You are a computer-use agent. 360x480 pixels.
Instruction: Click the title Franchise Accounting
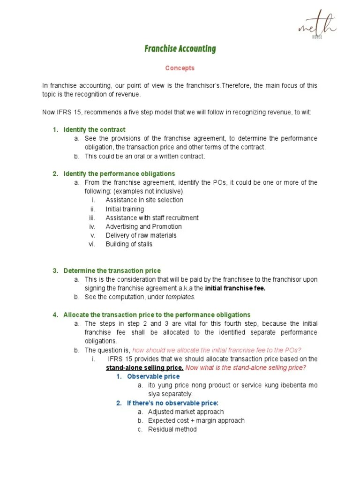click(180, 49)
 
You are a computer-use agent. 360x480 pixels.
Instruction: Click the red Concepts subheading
click(180, 68)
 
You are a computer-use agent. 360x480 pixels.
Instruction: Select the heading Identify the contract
click(94, 129)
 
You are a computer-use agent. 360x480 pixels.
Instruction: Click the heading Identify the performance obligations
click(119, 173)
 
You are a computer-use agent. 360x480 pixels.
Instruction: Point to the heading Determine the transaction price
click(112, 270)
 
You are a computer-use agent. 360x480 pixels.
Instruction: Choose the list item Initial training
click(125, 209)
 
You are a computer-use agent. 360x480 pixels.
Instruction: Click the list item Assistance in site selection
click(144, 200)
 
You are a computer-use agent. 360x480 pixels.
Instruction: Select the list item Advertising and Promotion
click(143, 226)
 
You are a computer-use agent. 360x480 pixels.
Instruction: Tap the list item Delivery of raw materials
click(141, 235)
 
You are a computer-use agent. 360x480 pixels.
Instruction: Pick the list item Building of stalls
click(129, 244)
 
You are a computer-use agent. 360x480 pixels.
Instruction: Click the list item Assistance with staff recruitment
click(152, 218)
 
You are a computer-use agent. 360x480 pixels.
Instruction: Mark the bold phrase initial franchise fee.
click(235, 288)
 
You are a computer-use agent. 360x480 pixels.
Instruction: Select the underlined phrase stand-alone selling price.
click(144, 367)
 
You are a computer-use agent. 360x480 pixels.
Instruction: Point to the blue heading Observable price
click(153, 376)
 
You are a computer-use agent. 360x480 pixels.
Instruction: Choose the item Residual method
click(172, 429)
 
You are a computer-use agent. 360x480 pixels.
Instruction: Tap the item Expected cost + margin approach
click(196, 420)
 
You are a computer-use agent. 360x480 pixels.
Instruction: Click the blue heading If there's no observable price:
click(172, 403)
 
